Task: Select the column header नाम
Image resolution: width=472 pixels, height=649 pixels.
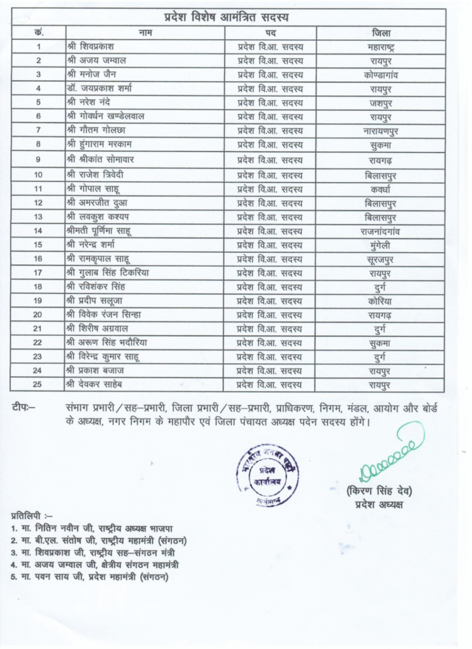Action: point(145,32)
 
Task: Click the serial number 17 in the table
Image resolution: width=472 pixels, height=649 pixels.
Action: point(38,273)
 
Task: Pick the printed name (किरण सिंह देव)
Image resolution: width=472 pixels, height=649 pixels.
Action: point(379,492)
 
